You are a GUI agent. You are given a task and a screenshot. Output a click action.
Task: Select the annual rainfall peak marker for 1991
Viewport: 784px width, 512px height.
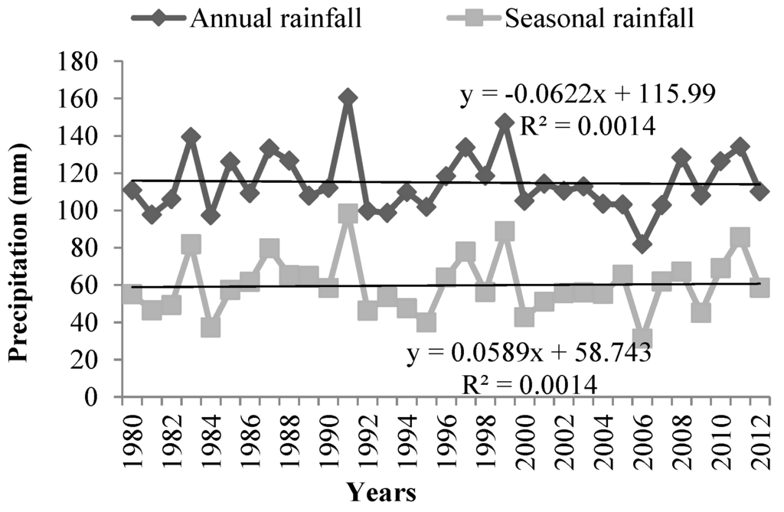[348, 97]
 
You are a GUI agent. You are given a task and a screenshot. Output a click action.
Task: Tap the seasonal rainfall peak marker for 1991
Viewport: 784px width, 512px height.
[348, 214]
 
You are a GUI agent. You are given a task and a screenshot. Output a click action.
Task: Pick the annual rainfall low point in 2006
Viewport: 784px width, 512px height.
[642, 245]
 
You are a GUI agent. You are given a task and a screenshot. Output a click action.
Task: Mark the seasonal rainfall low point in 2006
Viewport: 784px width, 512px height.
[642, 338]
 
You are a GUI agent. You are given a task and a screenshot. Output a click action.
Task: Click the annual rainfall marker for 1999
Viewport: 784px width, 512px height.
[505, 122]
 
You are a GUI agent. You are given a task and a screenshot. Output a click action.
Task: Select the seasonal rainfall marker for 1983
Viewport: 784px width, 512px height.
[191, 245]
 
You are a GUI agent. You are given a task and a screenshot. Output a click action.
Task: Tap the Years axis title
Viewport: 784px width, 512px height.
[381, 492]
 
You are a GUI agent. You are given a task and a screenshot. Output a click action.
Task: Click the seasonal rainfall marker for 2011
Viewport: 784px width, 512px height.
[740, 238]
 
